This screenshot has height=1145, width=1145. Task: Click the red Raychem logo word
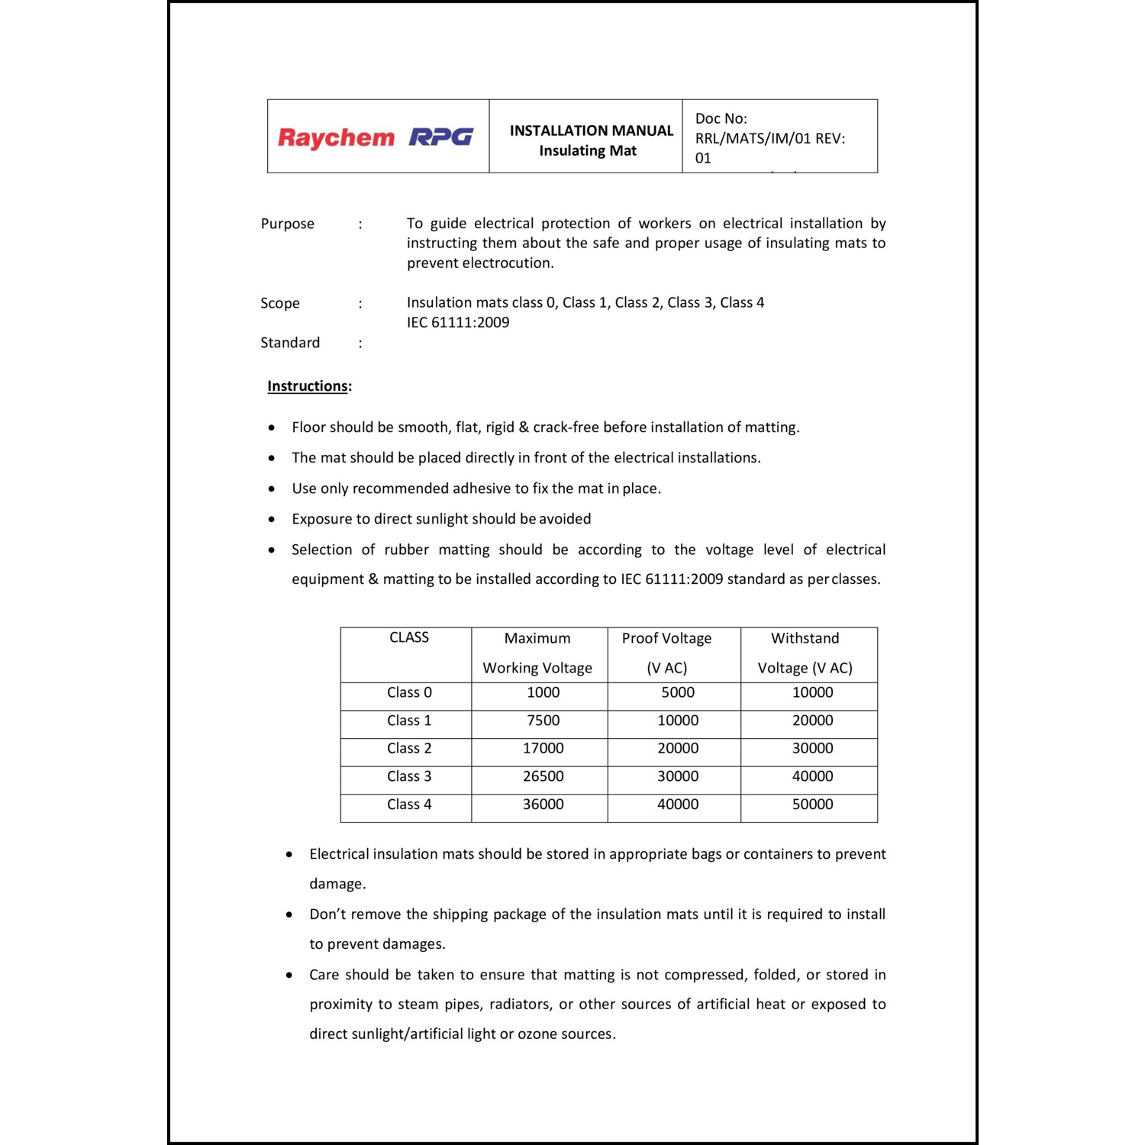(x=336, y=138)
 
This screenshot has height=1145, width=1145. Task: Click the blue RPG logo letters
(x=441, y=137)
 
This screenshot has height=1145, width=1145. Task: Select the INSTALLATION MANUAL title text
(x=592, y=131)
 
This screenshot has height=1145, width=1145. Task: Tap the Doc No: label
(x=721, y=118)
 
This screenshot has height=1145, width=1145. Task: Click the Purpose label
(x=287, y=224)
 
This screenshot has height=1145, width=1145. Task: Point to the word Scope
(x=279, y=303)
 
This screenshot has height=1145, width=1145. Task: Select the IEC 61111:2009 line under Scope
(x=458, y=322)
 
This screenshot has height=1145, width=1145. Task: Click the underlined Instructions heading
(x=308, y=386)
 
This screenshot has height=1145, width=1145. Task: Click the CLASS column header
(x=409, y=637)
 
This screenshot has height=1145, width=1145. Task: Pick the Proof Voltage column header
(x=666, y=638)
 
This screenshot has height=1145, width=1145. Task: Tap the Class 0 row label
(x=409, y=692)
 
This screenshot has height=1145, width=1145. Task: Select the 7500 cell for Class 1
(x=543, y=721)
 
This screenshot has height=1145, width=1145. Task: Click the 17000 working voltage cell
(x=543, y=748)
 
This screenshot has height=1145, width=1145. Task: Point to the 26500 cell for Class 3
(x=543, y=776)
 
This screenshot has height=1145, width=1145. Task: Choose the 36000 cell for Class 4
(x=543, y=805)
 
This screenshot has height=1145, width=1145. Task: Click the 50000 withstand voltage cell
(x=812, y=805)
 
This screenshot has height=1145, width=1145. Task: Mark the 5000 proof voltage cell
(x=678, y=692)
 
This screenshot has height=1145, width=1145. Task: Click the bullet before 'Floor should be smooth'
(x=272, y=428)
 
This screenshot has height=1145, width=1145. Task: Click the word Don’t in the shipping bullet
(x=327, y=914)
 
